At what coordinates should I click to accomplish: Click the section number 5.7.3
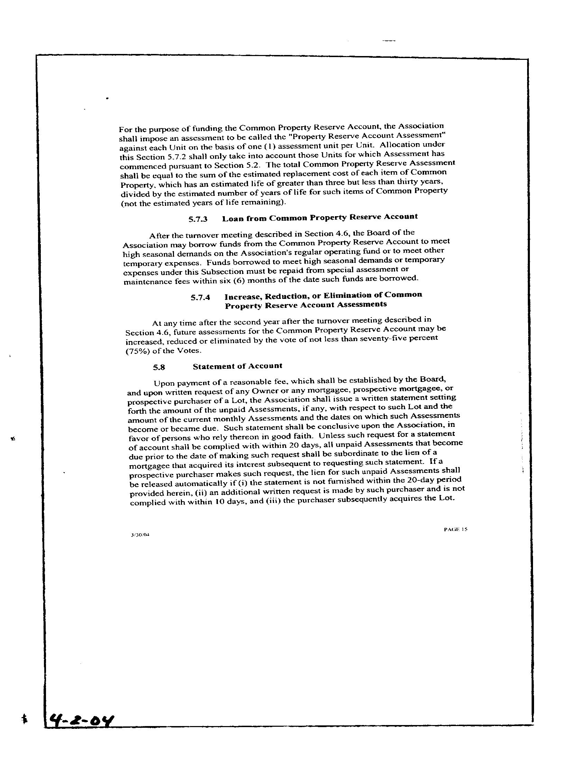198,220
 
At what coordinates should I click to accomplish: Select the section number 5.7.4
200,298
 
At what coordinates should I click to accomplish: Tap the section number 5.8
158,367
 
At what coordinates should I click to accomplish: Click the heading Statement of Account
237,366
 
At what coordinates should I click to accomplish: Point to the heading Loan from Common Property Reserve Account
320,218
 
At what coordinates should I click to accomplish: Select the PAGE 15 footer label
455,529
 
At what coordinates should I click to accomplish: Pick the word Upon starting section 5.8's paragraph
164,384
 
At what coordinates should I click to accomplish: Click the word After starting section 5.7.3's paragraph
159,236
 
